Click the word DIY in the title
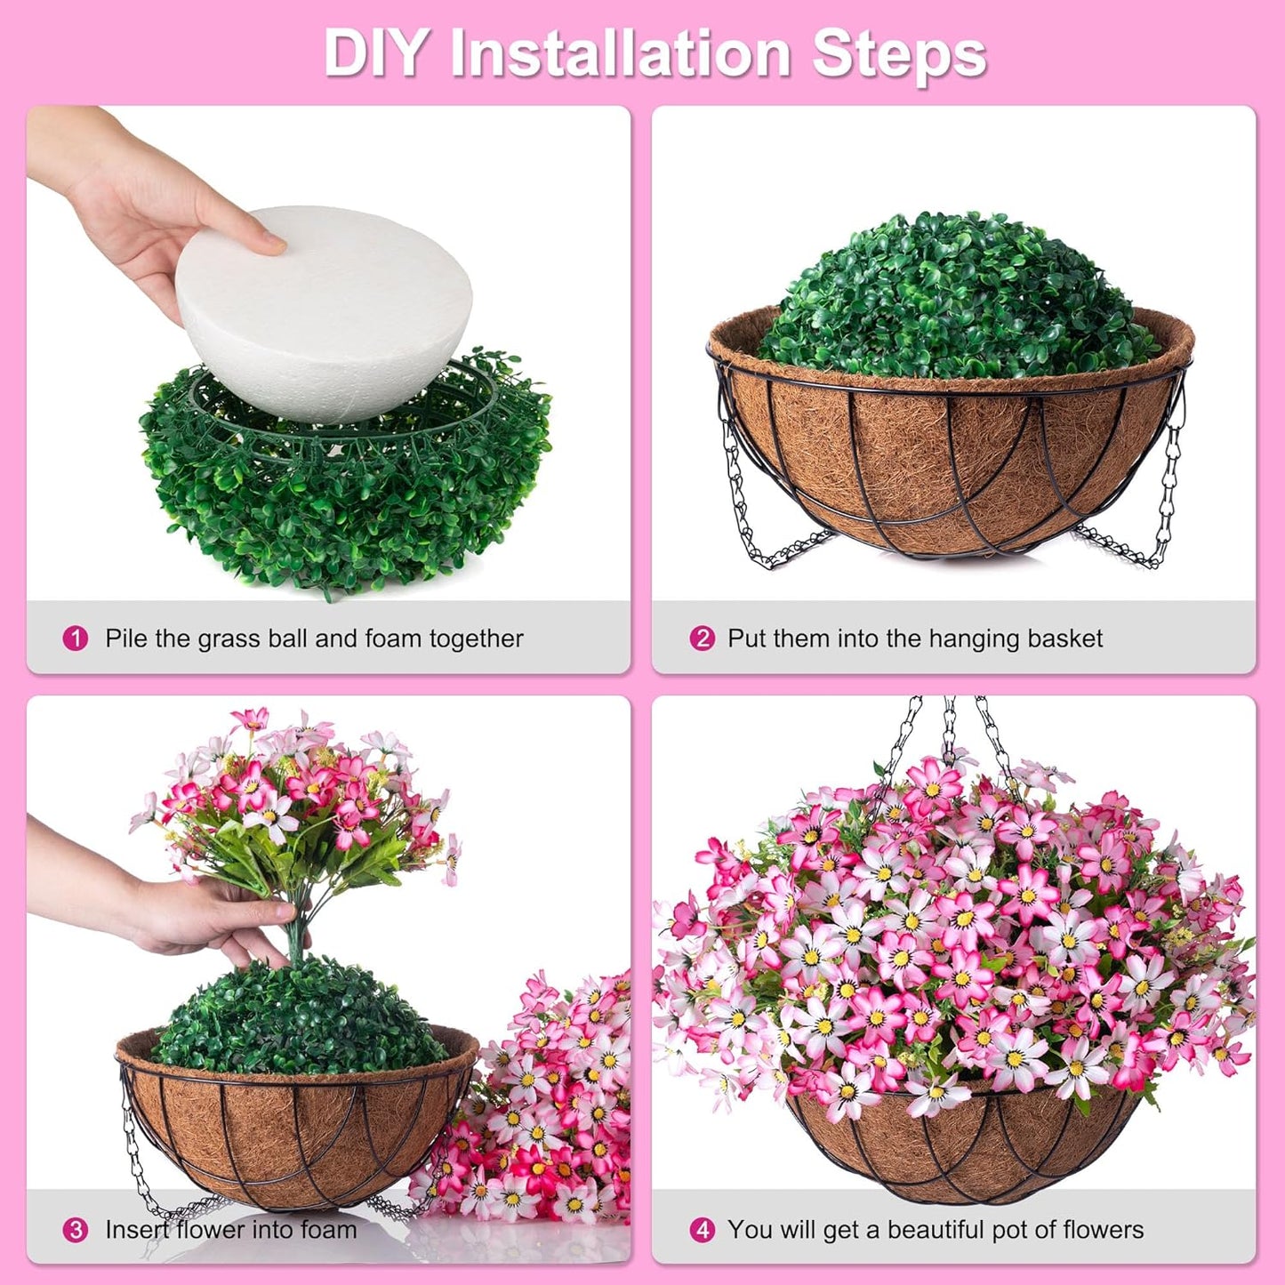[x=375, y=53]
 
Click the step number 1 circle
[x=76, y=638]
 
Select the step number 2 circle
[x=702, y=638]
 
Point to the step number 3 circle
[x=76, y=1230]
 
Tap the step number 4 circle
[x=702, y=1230]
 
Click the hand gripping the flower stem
[x=205, y=920]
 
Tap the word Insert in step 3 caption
[x=136, y=1230]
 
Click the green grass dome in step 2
[x=956, y=293]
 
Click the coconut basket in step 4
[x=965, y=1147]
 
